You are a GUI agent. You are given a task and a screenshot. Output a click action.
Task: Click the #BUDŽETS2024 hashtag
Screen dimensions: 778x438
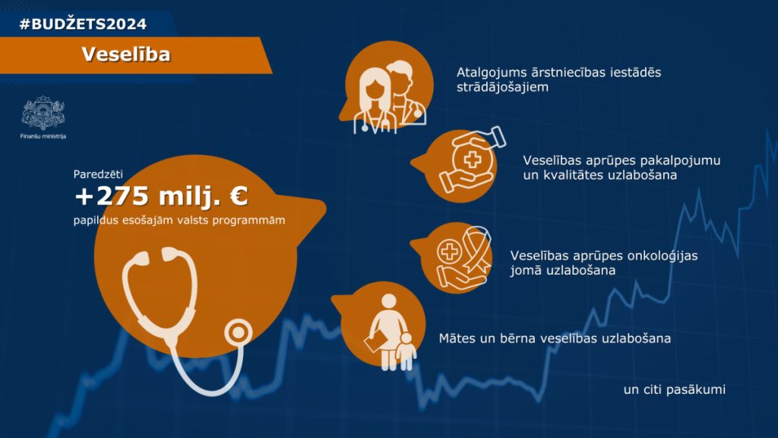pyautogui.click(x=83, y=24)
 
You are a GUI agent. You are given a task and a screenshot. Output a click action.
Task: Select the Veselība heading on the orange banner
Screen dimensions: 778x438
pyautogui.click(x=126, y=54)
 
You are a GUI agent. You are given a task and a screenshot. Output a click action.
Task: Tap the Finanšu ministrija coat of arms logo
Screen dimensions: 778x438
pyautogui.click(x=43, y=113)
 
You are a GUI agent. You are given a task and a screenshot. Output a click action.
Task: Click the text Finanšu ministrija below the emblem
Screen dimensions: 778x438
pyautogui.click(x=43, y=136)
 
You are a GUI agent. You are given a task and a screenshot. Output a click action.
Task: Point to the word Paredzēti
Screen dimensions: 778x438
pyautogui.click(x=98, y=174)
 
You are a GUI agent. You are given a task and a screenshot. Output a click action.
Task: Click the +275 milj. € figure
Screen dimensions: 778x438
pyautogui.click(x=161, y=195)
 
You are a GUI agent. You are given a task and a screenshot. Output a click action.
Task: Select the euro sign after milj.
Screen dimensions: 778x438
pyautogui.click(x=239, y=195)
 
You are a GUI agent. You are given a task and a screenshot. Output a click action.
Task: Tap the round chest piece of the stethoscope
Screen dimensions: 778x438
pyautogui.click(x=238, y=332)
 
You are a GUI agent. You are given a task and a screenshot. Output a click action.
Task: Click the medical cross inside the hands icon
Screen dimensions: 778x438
pyautogui.click(x=472, y=160)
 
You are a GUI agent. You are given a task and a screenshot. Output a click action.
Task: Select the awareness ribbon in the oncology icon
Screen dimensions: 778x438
pyautogui.click(x=476, y=252)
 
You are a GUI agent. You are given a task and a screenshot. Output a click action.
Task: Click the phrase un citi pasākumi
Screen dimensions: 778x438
pyautogui.click(x=675, y=389)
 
